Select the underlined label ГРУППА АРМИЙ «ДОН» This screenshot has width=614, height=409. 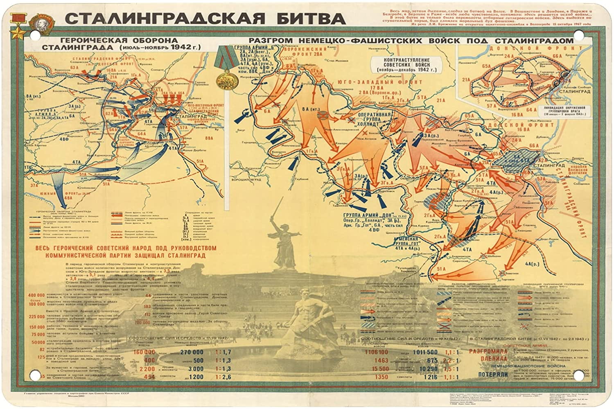[x=368, y=215]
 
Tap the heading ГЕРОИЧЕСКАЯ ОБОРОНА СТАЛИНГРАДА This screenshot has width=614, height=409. [x=119, y=44]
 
